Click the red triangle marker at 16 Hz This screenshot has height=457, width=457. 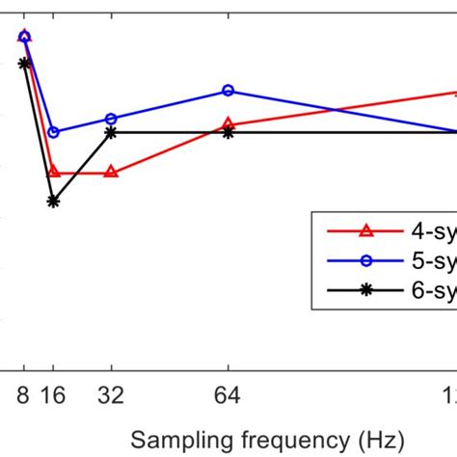pyautogui.click(x=54, y=171)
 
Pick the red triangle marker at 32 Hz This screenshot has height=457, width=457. pyautogui.click(x=111, y=172)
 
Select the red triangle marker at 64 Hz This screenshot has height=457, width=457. pyautogui.click(x=228, y=123)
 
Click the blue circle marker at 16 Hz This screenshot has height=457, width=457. pyautogui.click(x=54, y=132)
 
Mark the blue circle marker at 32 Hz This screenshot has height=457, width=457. pyautogui.click(x=111, y=119)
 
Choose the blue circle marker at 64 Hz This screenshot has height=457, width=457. pyautogui.click(x=228, y=91)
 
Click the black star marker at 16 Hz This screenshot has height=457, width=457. pyautogui.click(x=54, y=202)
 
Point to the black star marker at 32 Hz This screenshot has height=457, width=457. pyautogui.click(x=111, y=132)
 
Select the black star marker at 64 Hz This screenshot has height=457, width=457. pyautogui.click(x=228, y=132)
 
